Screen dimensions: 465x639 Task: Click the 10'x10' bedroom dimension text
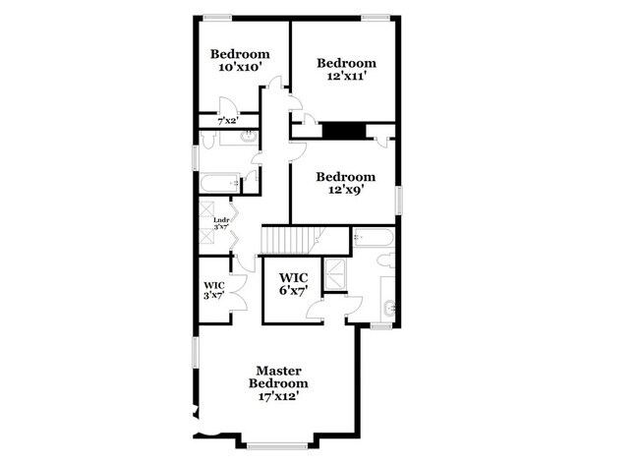(239, 68)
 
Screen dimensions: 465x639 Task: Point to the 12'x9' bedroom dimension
(346, 191)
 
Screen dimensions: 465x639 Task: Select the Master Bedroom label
(278, 377)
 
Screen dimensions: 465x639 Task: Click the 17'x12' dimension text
(278, 397)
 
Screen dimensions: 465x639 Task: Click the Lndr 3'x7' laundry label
(221, 223)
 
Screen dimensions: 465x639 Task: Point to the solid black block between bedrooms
(344, 130)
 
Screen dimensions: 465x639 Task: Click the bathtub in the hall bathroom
(218, 183)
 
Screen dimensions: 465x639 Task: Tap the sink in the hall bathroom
(246, 139)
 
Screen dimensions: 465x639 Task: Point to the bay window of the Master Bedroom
(278, 444)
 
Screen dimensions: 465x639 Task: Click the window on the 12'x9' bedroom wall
(399, 198)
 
